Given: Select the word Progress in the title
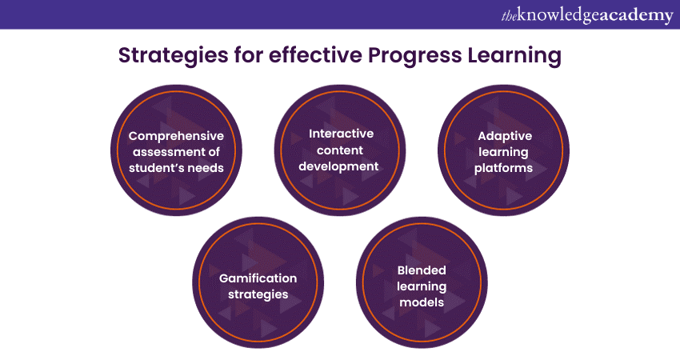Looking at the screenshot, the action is (x=415, y=56).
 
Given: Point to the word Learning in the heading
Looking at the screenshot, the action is (x=514, y=56).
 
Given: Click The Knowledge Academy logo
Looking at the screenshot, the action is (x=587, y=15).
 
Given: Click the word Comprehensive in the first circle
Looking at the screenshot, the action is (x=176, y=136).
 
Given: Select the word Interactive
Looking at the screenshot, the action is (x=341, y=134).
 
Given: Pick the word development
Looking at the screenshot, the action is (x=338, y=166).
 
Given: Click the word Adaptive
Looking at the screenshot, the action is (x=505, y=136).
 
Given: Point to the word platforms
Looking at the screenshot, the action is (x=503, y=168).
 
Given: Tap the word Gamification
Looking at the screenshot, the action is (x=258, y=278).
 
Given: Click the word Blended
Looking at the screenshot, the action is (x=422, y=270).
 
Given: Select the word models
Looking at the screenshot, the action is (x=422, y=302).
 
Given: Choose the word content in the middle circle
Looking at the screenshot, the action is (x=340, y=150).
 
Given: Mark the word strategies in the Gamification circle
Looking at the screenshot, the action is (x=258, y=294).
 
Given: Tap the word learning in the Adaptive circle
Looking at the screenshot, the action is (x=503, y=152).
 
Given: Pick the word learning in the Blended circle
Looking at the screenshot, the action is (x=422, y=286).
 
